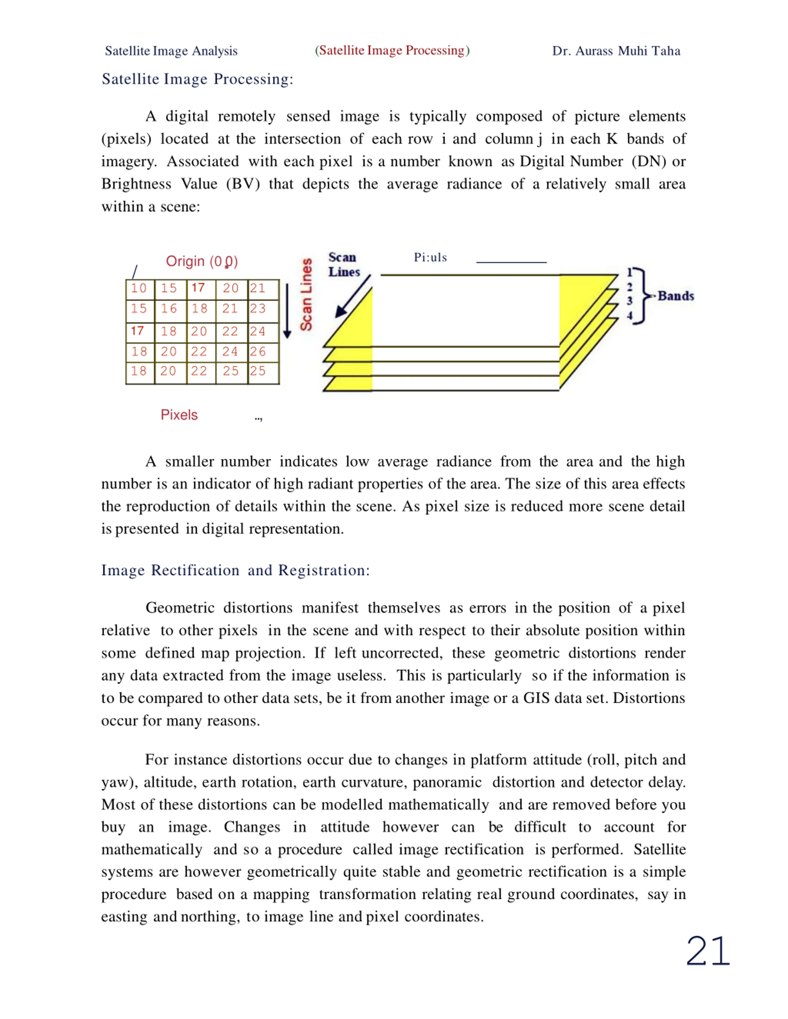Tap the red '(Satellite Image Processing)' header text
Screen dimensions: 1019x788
pyautogui.click(x=392, y=50)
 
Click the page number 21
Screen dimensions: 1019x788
pyautogui.click(x=708, y=951)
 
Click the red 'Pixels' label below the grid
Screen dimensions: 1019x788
pyautogui.click(x=179, y=415)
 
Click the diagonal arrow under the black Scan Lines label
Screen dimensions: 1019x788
pyautogui.click(x=352, y=297)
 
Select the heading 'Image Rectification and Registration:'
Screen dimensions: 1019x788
pyautogui.click(x=235, y=570)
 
